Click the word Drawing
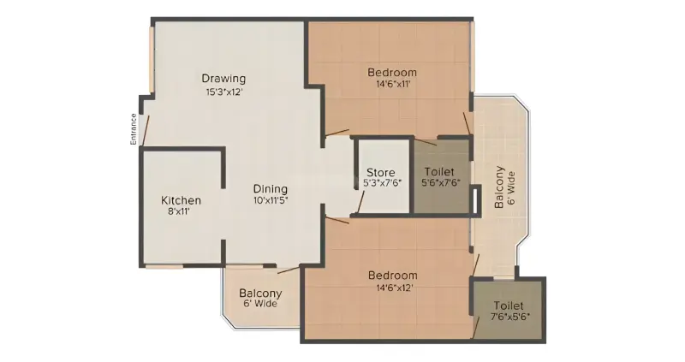(223, 79)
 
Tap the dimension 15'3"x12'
(224, 92)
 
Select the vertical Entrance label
(134, 129)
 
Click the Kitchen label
(181, 200)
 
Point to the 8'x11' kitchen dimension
(180, 211)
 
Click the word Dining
(271, 189)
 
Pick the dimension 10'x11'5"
(271, 201)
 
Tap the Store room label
(380, 173)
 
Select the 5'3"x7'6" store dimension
(382, 183)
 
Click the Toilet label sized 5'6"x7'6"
(439, 172)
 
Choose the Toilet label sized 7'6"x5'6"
(509, 306)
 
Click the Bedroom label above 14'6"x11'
(392, 73)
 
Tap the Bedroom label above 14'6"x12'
(393, 276)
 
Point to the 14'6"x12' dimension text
(392, 288)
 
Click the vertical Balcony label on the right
(499, 187)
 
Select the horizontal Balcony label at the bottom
(260, 293)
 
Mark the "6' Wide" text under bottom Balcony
(260, 304)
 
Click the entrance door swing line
(146, 130)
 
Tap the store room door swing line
(360, 203)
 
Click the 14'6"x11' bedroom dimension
(393, 84)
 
